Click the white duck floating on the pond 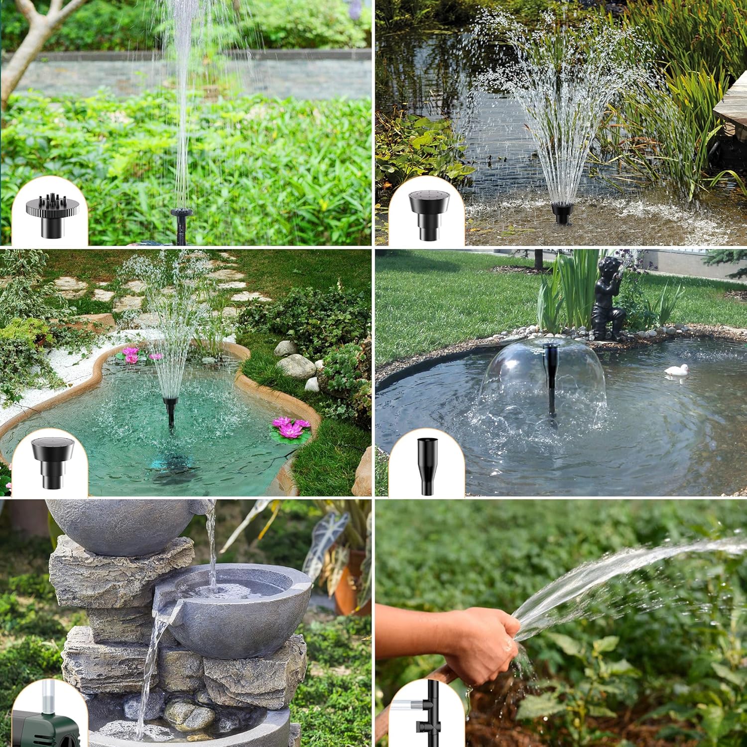677,370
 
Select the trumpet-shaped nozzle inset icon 427,466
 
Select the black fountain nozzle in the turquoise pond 170,408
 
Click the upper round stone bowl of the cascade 124,525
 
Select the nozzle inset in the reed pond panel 427,214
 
